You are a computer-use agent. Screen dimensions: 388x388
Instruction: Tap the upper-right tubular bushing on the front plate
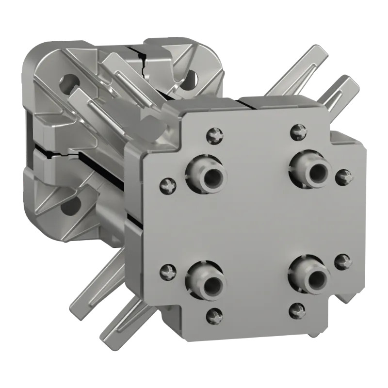pyautogui.click(x=311, y=169)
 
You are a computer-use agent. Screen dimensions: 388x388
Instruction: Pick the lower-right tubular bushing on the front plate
pyautogui.click(x=311, y=276)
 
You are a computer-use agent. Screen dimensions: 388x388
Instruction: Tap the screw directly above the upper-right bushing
pyautogui.click(x=298, y=131)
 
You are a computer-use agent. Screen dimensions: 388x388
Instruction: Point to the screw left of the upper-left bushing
pyautogui.click(x=167, y=184)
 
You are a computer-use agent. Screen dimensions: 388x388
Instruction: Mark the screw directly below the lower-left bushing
pyautogui.click(x=213, y=316)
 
